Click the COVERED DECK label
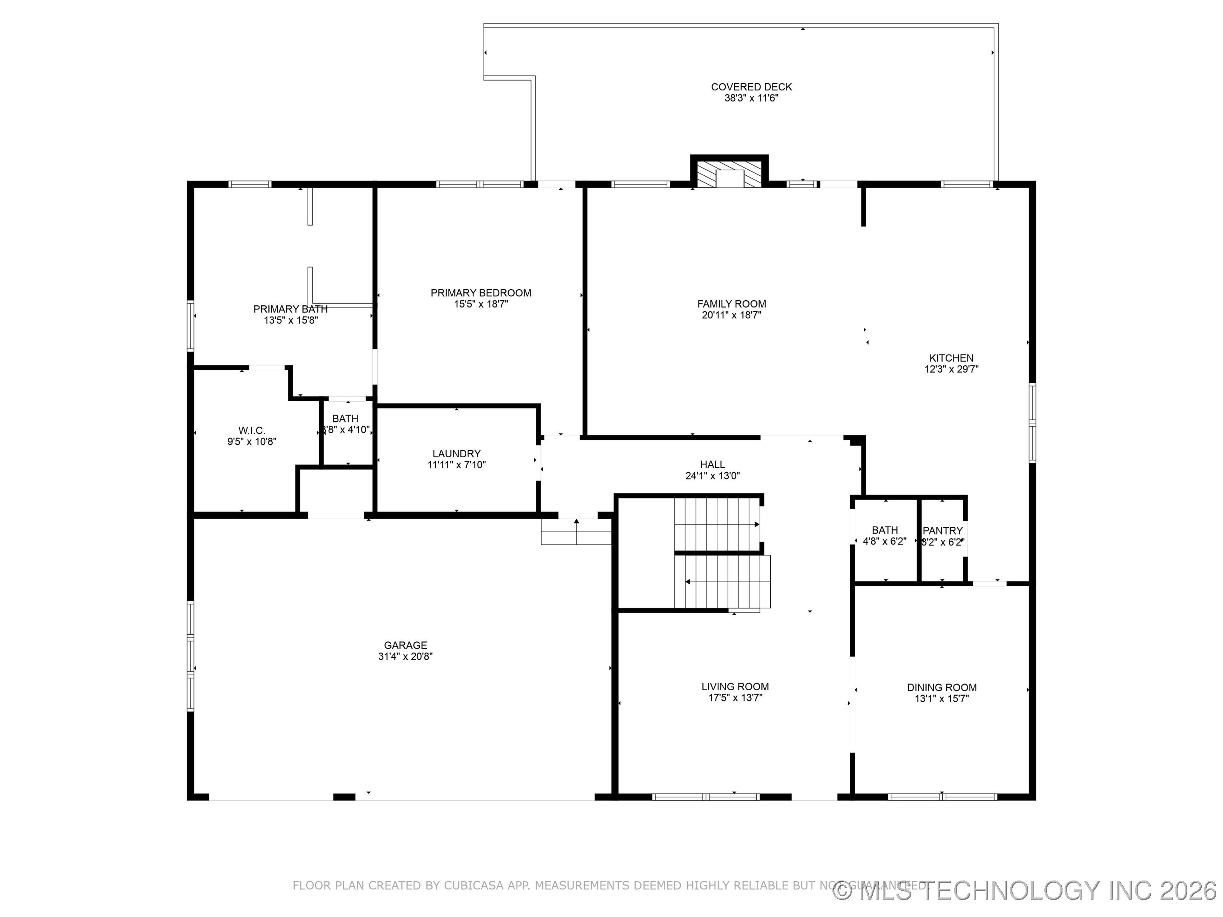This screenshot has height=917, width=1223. pyautogui.click(x=751, y=87)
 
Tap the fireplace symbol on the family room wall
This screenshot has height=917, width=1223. pyautogui.click(x=729, y=174)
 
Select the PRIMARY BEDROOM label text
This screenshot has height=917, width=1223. pyautogui.click(x=480, y=293)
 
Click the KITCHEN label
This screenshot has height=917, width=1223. pyautogui.click(x=951, y=358)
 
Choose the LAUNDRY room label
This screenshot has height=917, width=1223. pyautogui.click(x=456, y=454)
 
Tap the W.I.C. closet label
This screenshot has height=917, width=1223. pyautogui.click(x=251, y=430)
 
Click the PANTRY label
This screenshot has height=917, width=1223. pyautogui.click(x=942, y=531)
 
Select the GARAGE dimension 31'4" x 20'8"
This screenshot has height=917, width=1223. pyautogui.click(x=405, y=657)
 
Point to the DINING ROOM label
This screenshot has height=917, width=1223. pyautogui.click(x=941, y=688)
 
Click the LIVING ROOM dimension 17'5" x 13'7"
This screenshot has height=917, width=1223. pyautogui.click(x=735, y=698)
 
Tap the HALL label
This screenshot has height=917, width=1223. pyautogui.click(x=712, y=465)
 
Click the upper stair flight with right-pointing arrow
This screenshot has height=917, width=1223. pyautogui.click(x=716, y=524)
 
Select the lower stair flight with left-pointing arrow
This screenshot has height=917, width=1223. pyautogui.click(x=721, y=582)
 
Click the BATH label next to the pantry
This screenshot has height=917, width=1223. pyautogui.click(x=885, y=530)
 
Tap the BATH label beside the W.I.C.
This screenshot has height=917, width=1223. pyautogui.click(x=345, y=419)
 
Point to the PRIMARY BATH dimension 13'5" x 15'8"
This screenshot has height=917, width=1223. pyautogui.click(x=291, y=321)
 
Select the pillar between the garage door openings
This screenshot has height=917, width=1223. pyautogui.click(x=344, y=796)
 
